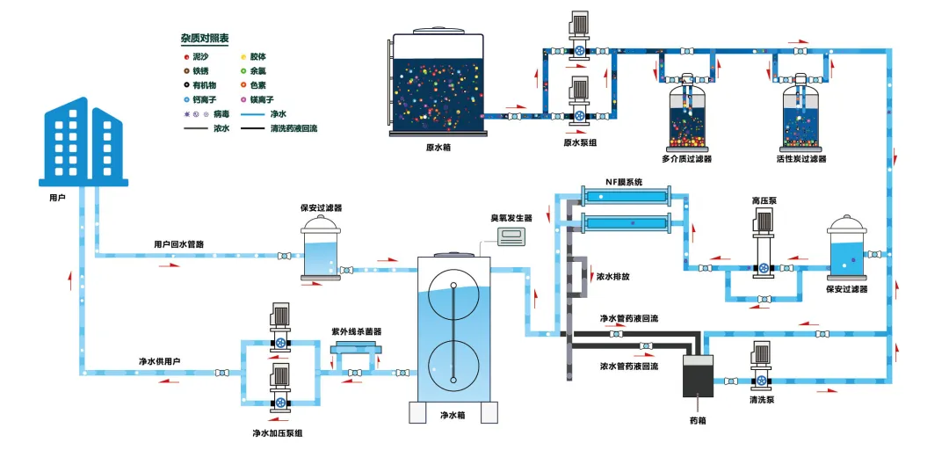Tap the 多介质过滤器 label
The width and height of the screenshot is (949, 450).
point(686,159)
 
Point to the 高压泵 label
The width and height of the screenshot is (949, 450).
point(764,200)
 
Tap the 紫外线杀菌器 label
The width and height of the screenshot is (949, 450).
point(356,331)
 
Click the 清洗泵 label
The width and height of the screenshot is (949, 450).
point(761,400)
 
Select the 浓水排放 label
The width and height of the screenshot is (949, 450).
point(612,276)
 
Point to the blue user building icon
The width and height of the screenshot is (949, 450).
point(84,141)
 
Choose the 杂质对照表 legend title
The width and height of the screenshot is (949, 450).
point(205,40)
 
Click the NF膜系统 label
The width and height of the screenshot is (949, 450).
point(625,182)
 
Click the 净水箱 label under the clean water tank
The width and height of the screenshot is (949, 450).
point(452,415)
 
